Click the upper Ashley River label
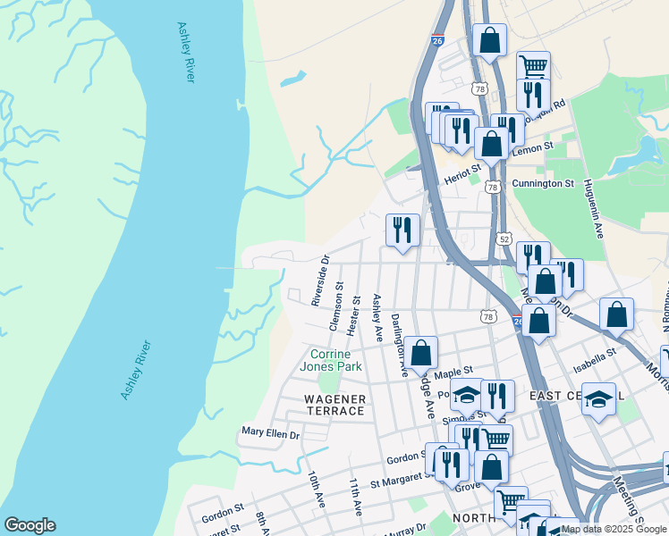(x=185, y=53)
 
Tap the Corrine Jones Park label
(x=335, y=360)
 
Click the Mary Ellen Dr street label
(x=269, y=432)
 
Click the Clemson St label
(x=338, y=307)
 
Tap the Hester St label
(x=354, y=314)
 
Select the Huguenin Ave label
(x=593, y=208)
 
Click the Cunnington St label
(x=542, y=183)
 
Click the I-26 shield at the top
(x=436, y=40)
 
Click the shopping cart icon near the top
(x=533, y=65)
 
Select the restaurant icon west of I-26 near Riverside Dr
(x=402, y=229)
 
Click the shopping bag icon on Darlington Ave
(x=420, y=352)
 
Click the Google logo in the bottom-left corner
(x=29, y=525)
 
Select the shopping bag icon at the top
(x=489, y=39)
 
